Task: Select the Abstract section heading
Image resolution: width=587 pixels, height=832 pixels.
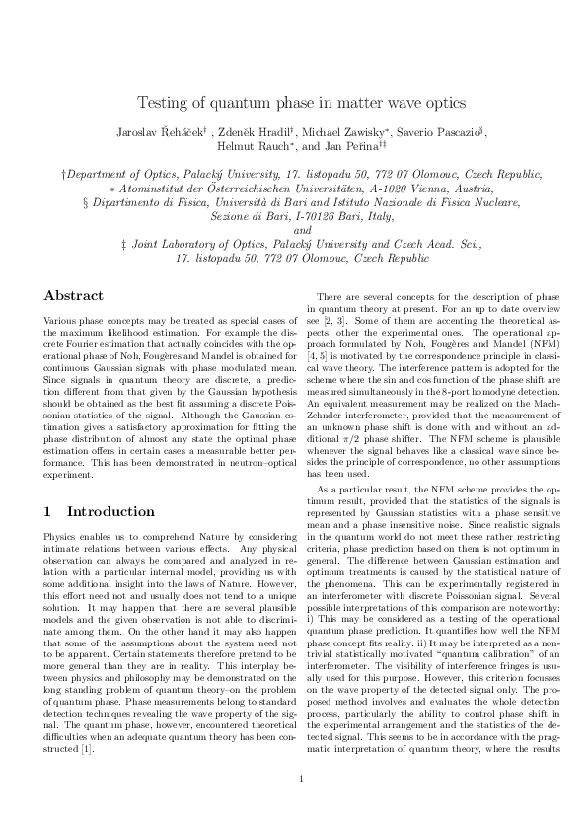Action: click(x=74, y=295)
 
